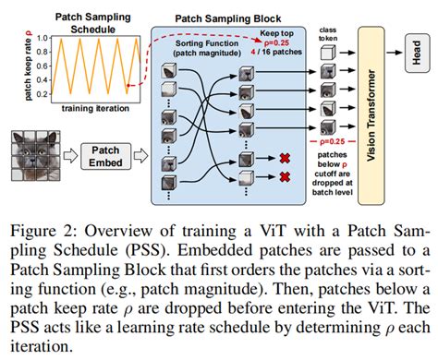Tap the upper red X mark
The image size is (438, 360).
286,159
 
